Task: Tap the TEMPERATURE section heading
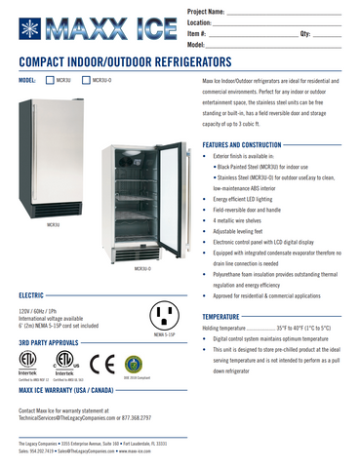225,317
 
